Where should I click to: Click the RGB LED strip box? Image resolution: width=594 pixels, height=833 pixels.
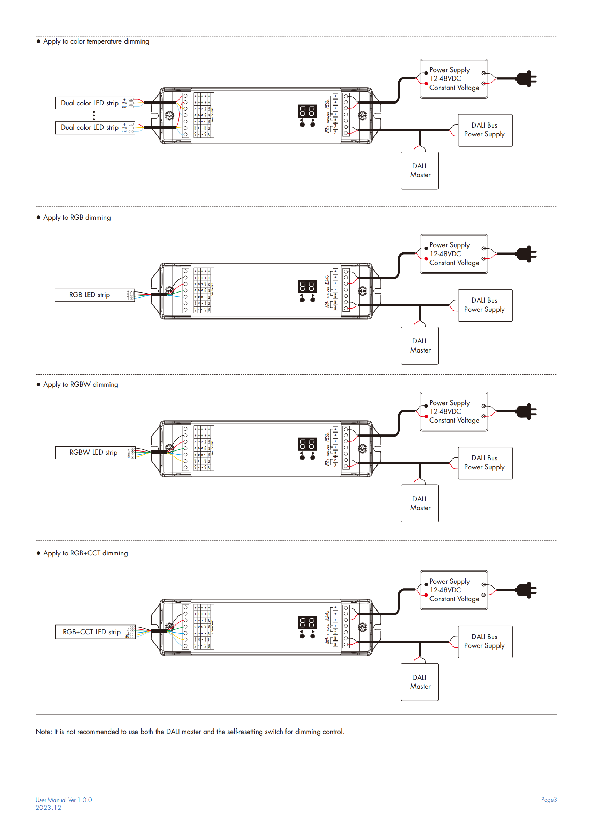pos(94,295)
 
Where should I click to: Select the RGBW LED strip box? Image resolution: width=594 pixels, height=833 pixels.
pos(95,453)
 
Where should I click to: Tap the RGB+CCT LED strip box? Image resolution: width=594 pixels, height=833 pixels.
pos(95,632)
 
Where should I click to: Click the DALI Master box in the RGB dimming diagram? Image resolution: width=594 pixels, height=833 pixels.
pos(420,346)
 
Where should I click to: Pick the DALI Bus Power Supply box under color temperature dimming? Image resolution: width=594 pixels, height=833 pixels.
pos(485,130)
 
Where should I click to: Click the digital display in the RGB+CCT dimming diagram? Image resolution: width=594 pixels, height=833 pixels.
pos(307,623)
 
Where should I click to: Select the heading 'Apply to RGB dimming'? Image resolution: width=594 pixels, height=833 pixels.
pos(77,217)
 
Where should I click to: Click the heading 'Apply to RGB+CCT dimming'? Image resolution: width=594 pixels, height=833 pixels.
pos(85,553)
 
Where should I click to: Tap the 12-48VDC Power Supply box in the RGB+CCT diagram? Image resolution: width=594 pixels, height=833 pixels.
pos(454,590)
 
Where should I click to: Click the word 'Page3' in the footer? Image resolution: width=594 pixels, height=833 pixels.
pos(549,800)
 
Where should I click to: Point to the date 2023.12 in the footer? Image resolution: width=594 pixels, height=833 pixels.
pos(48,808)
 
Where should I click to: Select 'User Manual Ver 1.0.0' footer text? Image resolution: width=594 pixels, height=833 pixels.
pos(64,800)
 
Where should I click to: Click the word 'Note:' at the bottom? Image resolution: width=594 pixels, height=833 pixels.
pos(44,732)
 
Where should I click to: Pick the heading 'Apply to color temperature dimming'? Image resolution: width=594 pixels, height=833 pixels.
pos(96,41)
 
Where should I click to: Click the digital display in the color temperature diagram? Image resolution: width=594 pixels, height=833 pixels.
pos(307,111)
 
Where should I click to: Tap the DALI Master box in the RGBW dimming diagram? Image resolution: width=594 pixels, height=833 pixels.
pos(420,503)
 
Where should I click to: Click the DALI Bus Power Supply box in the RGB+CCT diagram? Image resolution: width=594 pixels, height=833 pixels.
pos(485,642)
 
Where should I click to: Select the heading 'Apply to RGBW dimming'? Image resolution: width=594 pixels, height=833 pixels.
pos(81,385)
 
